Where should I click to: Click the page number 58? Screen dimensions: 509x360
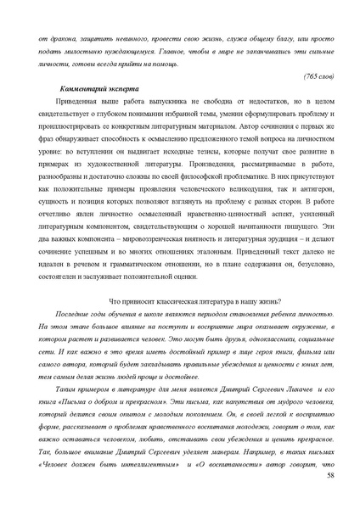coord(330,481)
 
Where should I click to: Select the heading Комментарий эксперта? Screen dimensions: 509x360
coord(91,89)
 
